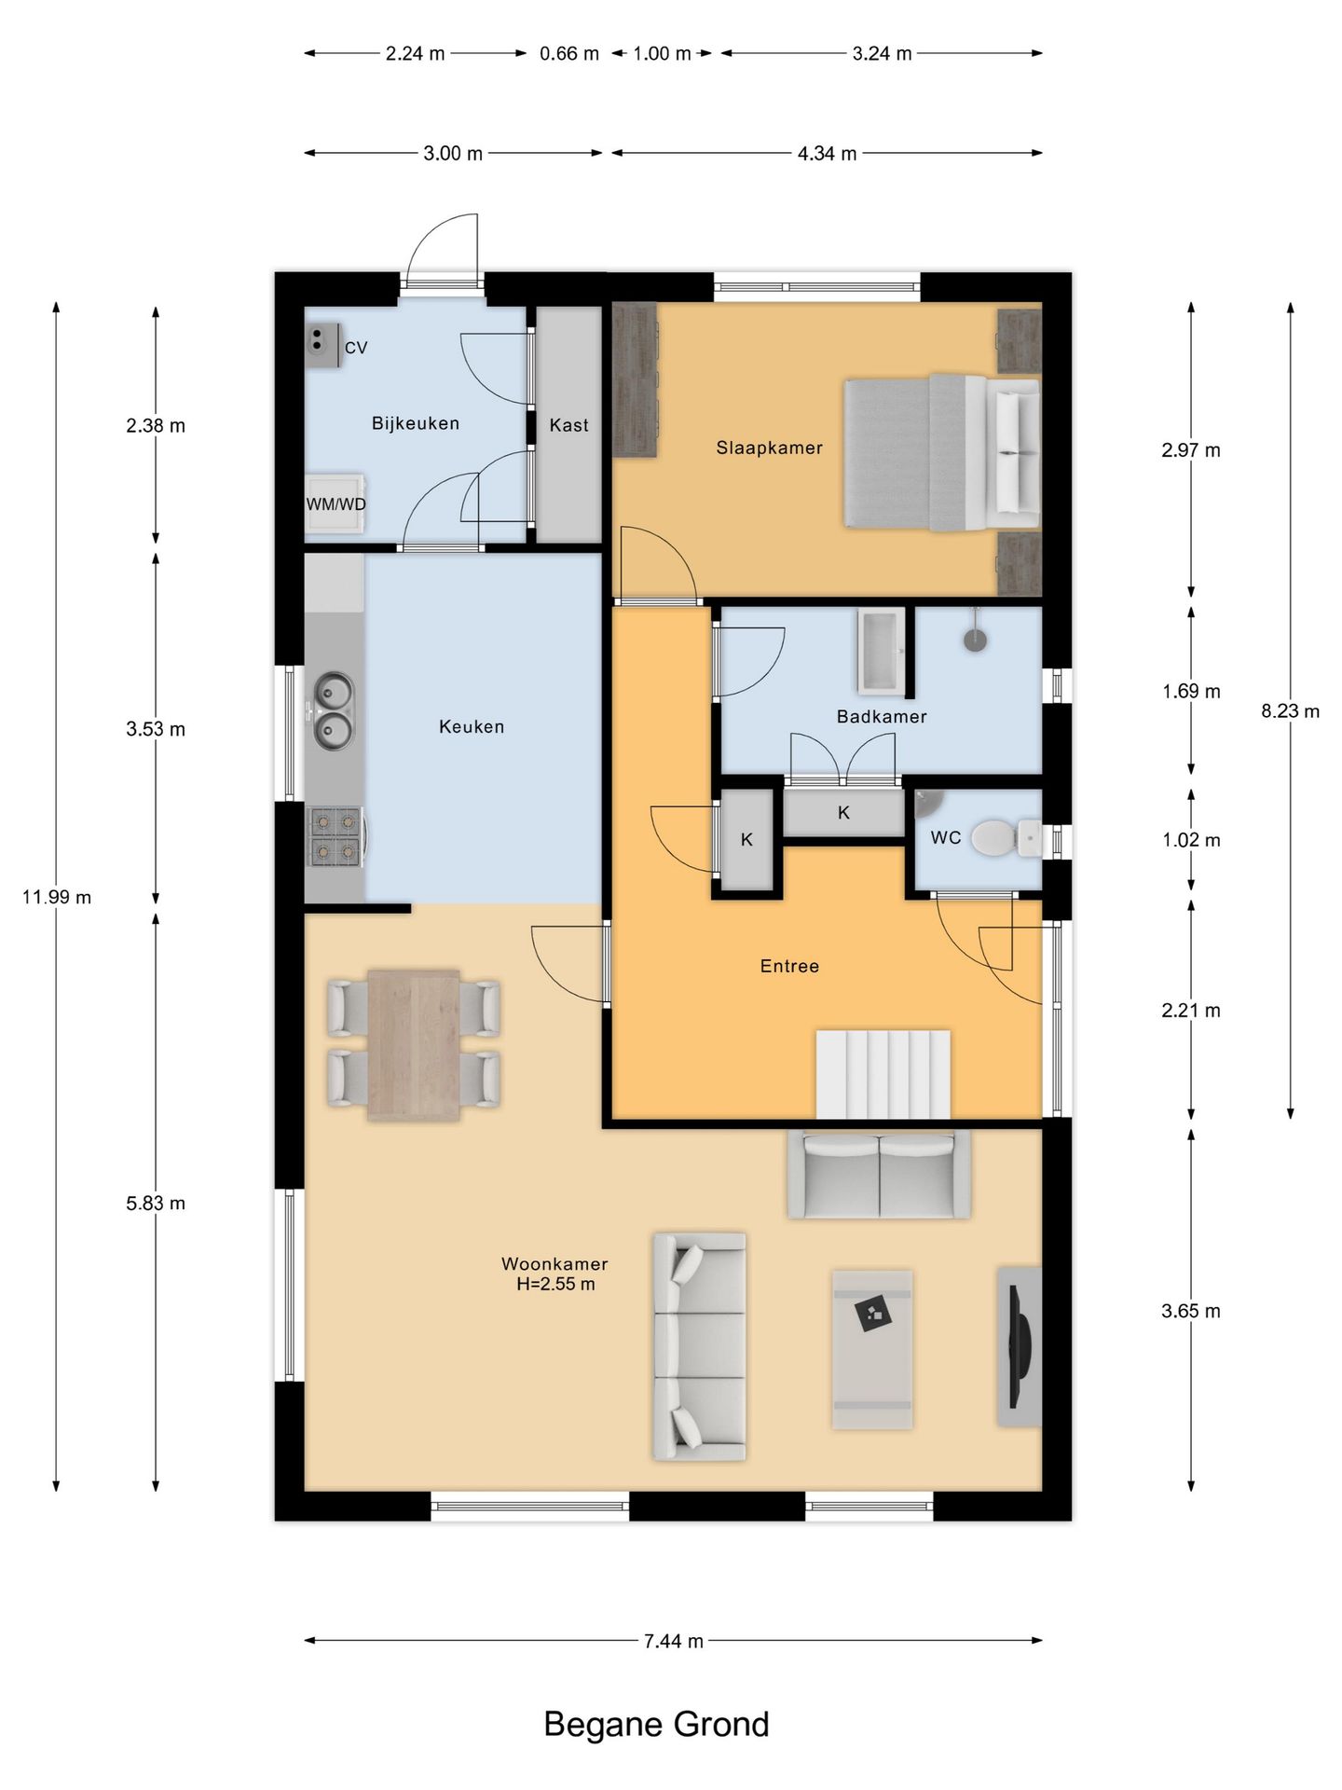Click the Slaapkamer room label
(769, 447)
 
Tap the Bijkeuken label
(415, 423)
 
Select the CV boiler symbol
(323, 345)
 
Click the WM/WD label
(335, 504)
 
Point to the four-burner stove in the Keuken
(335, 836)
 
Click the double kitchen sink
(333, 711)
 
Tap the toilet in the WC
(1006, 838)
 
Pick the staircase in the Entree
(883, 1074)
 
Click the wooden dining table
(414, 1044)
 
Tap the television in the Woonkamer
(1019, 1345)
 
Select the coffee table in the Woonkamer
(872, 1349)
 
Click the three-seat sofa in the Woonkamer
(699, 1346)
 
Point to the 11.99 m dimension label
(57, 897)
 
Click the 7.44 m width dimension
(673, 1641)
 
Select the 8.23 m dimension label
(1291, 710)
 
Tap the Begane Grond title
(656, 1725)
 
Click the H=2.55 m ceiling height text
(555, 1284)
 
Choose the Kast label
(568, 425)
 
